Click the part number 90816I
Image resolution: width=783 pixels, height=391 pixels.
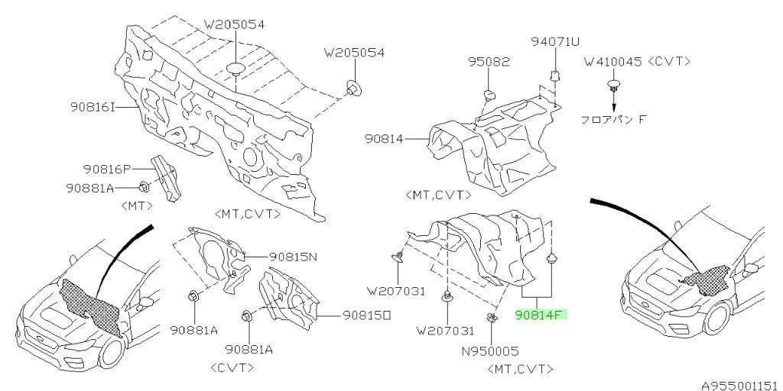coord(93,107)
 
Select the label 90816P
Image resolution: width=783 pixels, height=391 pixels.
coord(107,169)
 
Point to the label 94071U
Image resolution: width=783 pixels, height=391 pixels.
coord(555,41)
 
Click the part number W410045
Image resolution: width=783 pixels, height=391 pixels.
coord(612,62)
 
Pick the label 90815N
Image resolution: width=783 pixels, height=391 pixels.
coord(294,257)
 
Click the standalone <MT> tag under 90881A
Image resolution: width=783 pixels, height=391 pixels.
coord(137,205)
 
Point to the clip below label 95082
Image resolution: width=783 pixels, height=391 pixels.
coord(489,95)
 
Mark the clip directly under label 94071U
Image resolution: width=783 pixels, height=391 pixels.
coord(554,76)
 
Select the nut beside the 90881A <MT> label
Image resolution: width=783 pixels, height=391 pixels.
coord(143,188)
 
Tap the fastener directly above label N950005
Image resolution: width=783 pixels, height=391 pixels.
coord(492,318)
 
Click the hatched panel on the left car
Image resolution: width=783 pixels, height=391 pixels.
coord(90,305)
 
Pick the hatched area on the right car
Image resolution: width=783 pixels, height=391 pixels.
coord(707,281)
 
